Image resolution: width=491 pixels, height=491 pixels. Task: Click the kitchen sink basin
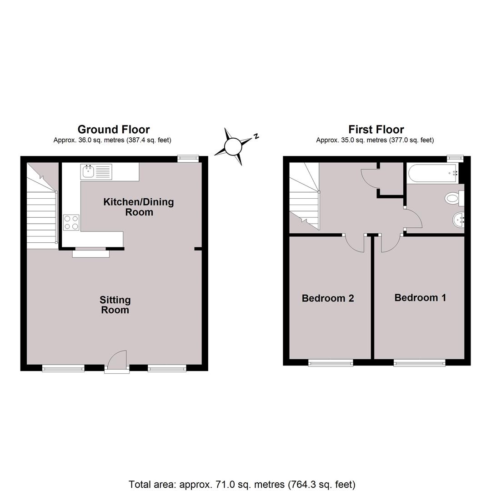click(x=89, y=171)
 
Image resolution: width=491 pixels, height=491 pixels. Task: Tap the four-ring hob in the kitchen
click(x=71, y=222)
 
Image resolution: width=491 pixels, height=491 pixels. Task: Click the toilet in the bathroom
click(x=454, y=198)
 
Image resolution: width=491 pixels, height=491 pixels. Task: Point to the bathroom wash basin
click(x=458, y=220)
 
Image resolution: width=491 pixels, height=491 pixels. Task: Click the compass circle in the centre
click(x=233, y=146)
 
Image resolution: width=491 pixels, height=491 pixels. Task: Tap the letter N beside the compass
click(x=256, y=136)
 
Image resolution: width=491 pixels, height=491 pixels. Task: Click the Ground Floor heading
click(x=114, y=129)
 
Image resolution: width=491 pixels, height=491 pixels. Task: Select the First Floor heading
click(x=376, y=129)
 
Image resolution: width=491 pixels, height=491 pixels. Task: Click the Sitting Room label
click(x=115, y=305)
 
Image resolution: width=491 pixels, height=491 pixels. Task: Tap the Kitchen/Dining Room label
click(x=139, y=207)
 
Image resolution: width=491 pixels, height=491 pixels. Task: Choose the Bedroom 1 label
click(x=420, y=297)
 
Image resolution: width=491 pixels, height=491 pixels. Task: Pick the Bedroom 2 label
click(x=328, y=298)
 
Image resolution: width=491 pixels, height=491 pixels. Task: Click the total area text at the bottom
click(x=242, y=485)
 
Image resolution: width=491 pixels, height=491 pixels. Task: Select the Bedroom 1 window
click(x=420, y=363)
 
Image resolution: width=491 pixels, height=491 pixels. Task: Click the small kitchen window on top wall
click(x=188, y=159)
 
